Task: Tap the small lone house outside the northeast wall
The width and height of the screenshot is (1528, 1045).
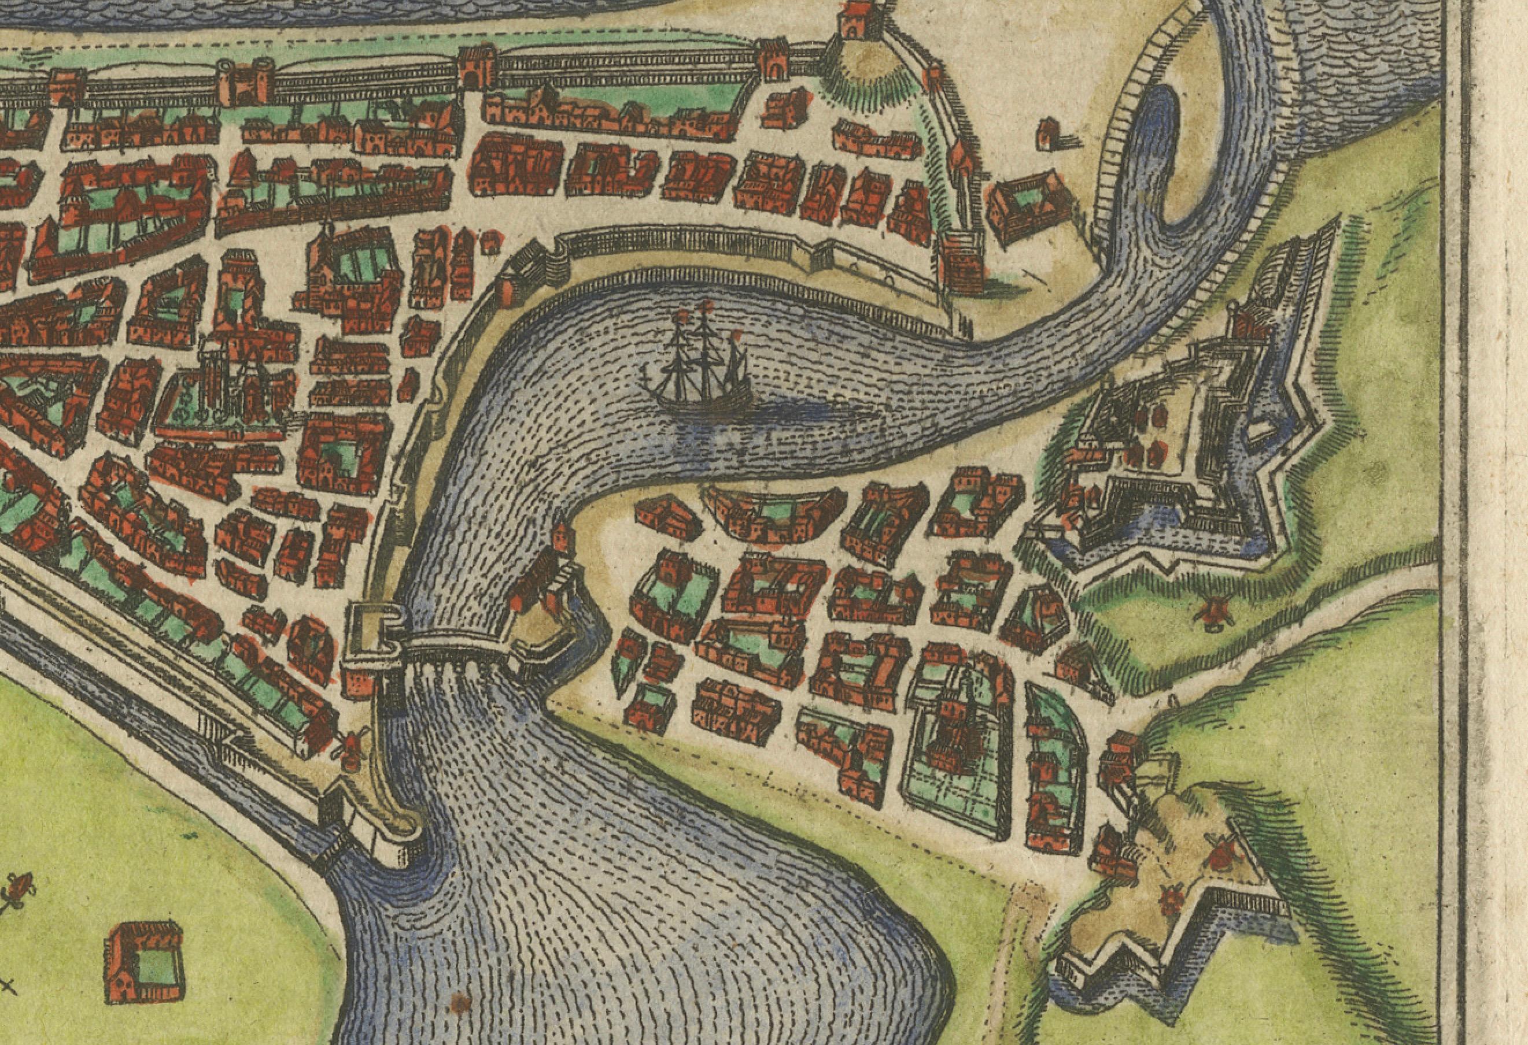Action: [1049, 133]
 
